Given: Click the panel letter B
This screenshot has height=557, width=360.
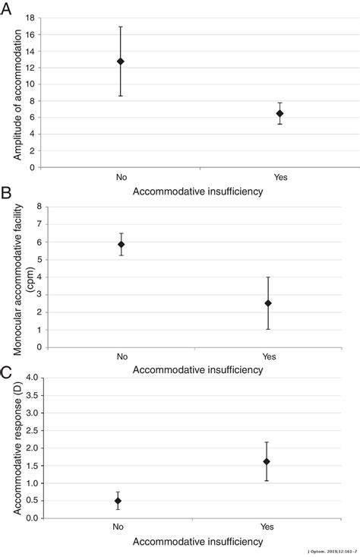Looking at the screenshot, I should [7, 193].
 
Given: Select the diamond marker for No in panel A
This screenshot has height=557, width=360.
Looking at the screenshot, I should [121, 61].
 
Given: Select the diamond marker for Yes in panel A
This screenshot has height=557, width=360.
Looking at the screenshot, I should [279, 113].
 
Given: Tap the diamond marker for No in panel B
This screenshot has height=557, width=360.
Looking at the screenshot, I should [121, 245].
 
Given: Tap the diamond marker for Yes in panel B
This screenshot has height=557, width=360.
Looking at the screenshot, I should [268, 303].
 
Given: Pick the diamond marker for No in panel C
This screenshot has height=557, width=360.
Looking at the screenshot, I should [118, 501].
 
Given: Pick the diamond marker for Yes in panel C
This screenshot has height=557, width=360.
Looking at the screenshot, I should [267, 461].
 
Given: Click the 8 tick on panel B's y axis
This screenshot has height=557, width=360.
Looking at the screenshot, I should [38, 207].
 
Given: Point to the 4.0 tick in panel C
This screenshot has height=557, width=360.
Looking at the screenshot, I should [33, 378].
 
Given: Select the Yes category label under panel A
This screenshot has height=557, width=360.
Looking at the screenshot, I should [279, 176].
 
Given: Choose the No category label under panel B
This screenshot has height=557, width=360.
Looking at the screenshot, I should [121, 356].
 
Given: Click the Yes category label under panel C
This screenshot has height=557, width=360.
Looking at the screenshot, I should [267, 528].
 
